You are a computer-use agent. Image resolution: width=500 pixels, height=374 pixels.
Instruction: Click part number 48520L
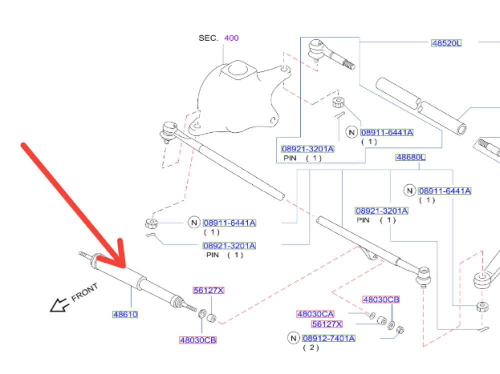tap(446, 43)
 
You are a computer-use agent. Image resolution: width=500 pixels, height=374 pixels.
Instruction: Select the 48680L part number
tap(410, 157)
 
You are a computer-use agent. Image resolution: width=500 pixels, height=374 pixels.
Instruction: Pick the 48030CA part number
tap(315, 314)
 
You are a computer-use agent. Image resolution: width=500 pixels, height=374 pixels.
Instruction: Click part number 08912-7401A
tap(328, 338)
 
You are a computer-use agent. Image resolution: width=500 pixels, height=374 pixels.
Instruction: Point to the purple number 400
tap(231, 38)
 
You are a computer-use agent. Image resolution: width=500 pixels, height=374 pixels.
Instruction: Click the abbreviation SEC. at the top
tap(208, 38)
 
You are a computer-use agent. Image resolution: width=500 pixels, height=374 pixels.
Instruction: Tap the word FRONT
tap(84, 293)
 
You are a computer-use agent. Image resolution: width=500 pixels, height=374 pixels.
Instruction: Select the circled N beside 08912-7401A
tap(293, 338)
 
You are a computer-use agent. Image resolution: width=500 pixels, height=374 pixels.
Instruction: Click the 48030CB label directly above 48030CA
tap(381, 299)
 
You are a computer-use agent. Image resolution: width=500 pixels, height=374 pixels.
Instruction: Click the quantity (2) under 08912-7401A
tap(310, 348)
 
